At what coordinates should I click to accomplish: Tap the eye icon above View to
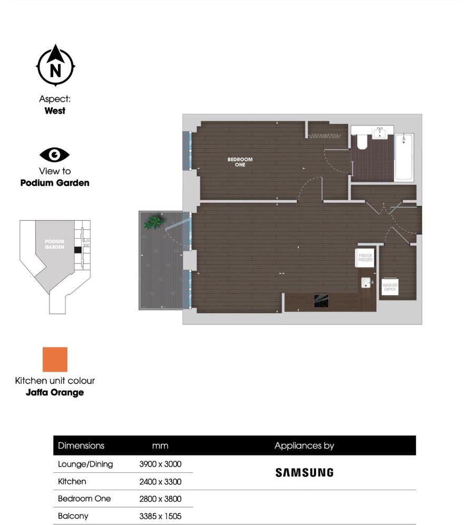pos(55,155)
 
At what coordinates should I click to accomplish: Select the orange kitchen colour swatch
pos(55,359)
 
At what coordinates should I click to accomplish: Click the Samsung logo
pos(304,473)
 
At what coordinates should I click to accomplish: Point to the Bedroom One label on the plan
pos(240,162)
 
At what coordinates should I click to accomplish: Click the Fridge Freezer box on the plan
pos(366,258)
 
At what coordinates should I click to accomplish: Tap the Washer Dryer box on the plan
pos(390,287)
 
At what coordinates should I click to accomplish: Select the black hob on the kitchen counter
pos(321,300)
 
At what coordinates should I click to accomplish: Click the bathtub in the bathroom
pos(405,156)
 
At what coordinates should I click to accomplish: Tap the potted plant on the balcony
pos(154,222)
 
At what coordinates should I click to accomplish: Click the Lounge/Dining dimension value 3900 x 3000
pos(160,464)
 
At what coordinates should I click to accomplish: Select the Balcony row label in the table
pos(73,516)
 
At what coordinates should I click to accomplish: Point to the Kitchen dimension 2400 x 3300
pos(160,481)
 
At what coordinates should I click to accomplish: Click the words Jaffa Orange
pos(55,393)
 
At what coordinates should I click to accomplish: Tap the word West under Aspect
pos(55,111)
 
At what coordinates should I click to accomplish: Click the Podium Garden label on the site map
pos(54,245)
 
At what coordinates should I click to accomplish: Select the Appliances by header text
pos(304,445)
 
